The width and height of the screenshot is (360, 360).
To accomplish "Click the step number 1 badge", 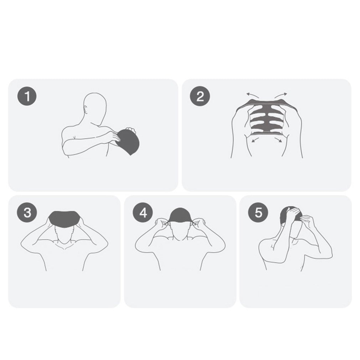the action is point(27,96).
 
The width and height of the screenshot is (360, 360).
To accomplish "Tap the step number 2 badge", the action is point(200,96).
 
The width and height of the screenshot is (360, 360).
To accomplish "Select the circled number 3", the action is point(27,212).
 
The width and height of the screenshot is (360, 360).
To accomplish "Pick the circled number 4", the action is point(143,212).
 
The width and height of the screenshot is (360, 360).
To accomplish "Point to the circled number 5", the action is point(258,212).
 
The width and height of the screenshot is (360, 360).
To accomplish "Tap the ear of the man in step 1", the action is point(86,109).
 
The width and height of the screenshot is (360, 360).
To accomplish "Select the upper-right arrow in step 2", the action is point(281,95).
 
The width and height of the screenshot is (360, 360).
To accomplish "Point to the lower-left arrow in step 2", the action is point(255,140).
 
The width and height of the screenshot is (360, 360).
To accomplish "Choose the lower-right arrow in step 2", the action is point(278,140).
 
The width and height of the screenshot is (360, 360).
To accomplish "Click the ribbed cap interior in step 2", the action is point(267,119).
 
